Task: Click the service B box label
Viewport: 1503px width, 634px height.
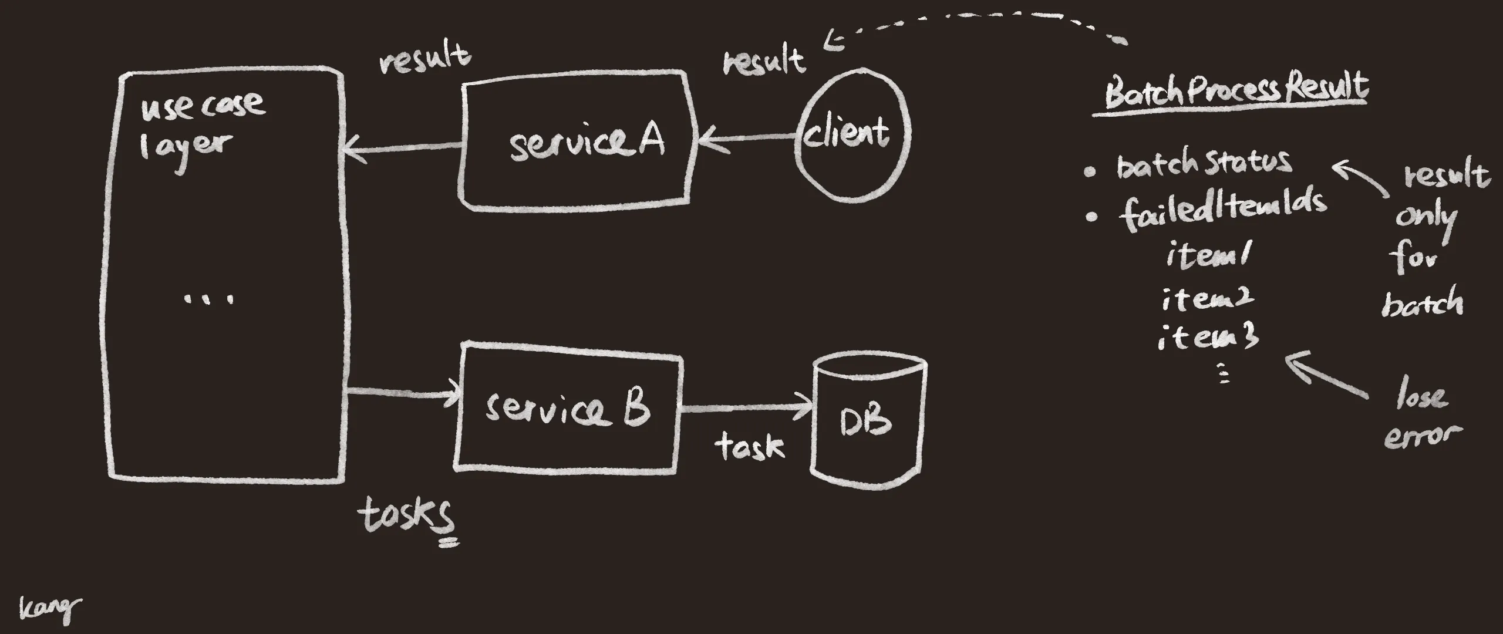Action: (567, 409)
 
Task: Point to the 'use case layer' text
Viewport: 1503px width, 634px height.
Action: (200, 126)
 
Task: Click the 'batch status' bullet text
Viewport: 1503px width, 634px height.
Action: (1204, 164)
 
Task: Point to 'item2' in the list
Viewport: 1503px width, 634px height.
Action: (1207, 299)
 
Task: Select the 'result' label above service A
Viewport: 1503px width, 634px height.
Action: (424, 59)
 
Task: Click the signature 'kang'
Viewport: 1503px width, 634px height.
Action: (49, 609)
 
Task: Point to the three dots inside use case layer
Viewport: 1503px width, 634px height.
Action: (209, 298)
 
